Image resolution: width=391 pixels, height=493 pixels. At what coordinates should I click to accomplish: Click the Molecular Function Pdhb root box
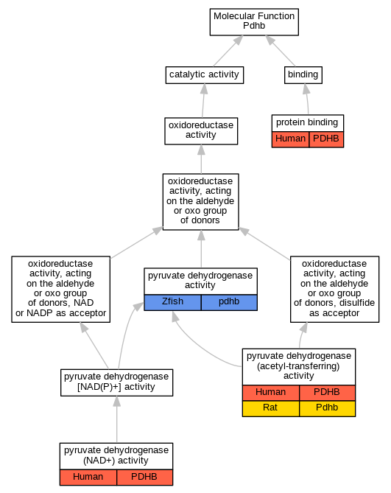click(254, 22)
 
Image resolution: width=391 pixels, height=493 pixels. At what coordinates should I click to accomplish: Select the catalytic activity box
click(205, 75)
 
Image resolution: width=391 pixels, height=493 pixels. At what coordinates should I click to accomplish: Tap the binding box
click(303, 75)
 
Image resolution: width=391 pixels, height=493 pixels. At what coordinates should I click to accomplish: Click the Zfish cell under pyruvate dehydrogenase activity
click(172, 302)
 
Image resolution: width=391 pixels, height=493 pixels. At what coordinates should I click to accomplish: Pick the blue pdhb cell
click(229, 302)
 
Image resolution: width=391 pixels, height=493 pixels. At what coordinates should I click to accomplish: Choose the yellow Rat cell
click(271, 408)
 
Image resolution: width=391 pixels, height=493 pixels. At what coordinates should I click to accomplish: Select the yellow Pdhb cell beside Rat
click(327, 408)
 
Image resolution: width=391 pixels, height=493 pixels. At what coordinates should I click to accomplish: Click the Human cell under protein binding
click(291, 139)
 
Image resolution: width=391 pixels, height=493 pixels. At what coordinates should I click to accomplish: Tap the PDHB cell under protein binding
click(326, 139)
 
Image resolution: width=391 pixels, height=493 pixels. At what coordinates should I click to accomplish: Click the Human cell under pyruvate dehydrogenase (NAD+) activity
click(88, 478)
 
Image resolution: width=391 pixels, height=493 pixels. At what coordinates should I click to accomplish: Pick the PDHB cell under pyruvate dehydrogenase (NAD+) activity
click(144, 478)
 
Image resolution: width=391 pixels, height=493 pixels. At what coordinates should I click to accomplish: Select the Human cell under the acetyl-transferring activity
click(271, 393)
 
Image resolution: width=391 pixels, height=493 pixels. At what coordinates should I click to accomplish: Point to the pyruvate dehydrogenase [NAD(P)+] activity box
click(116, 382)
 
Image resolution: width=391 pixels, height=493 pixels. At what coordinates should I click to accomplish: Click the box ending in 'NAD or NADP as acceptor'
click(60, 289)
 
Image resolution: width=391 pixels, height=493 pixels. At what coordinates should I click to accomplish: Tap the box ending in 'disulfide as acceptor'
click(334, 289)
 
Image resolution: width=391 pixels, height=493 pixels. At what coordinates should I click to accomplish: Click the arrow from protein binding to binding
click(307, 99)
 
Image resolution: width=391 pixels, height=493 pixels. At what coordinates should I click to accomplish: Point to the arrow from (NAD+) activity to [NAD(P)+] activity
click(117, 419)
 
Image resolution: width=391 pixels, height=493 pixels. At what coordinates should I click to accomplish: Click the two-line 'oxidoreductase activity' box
click(201, 131)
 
